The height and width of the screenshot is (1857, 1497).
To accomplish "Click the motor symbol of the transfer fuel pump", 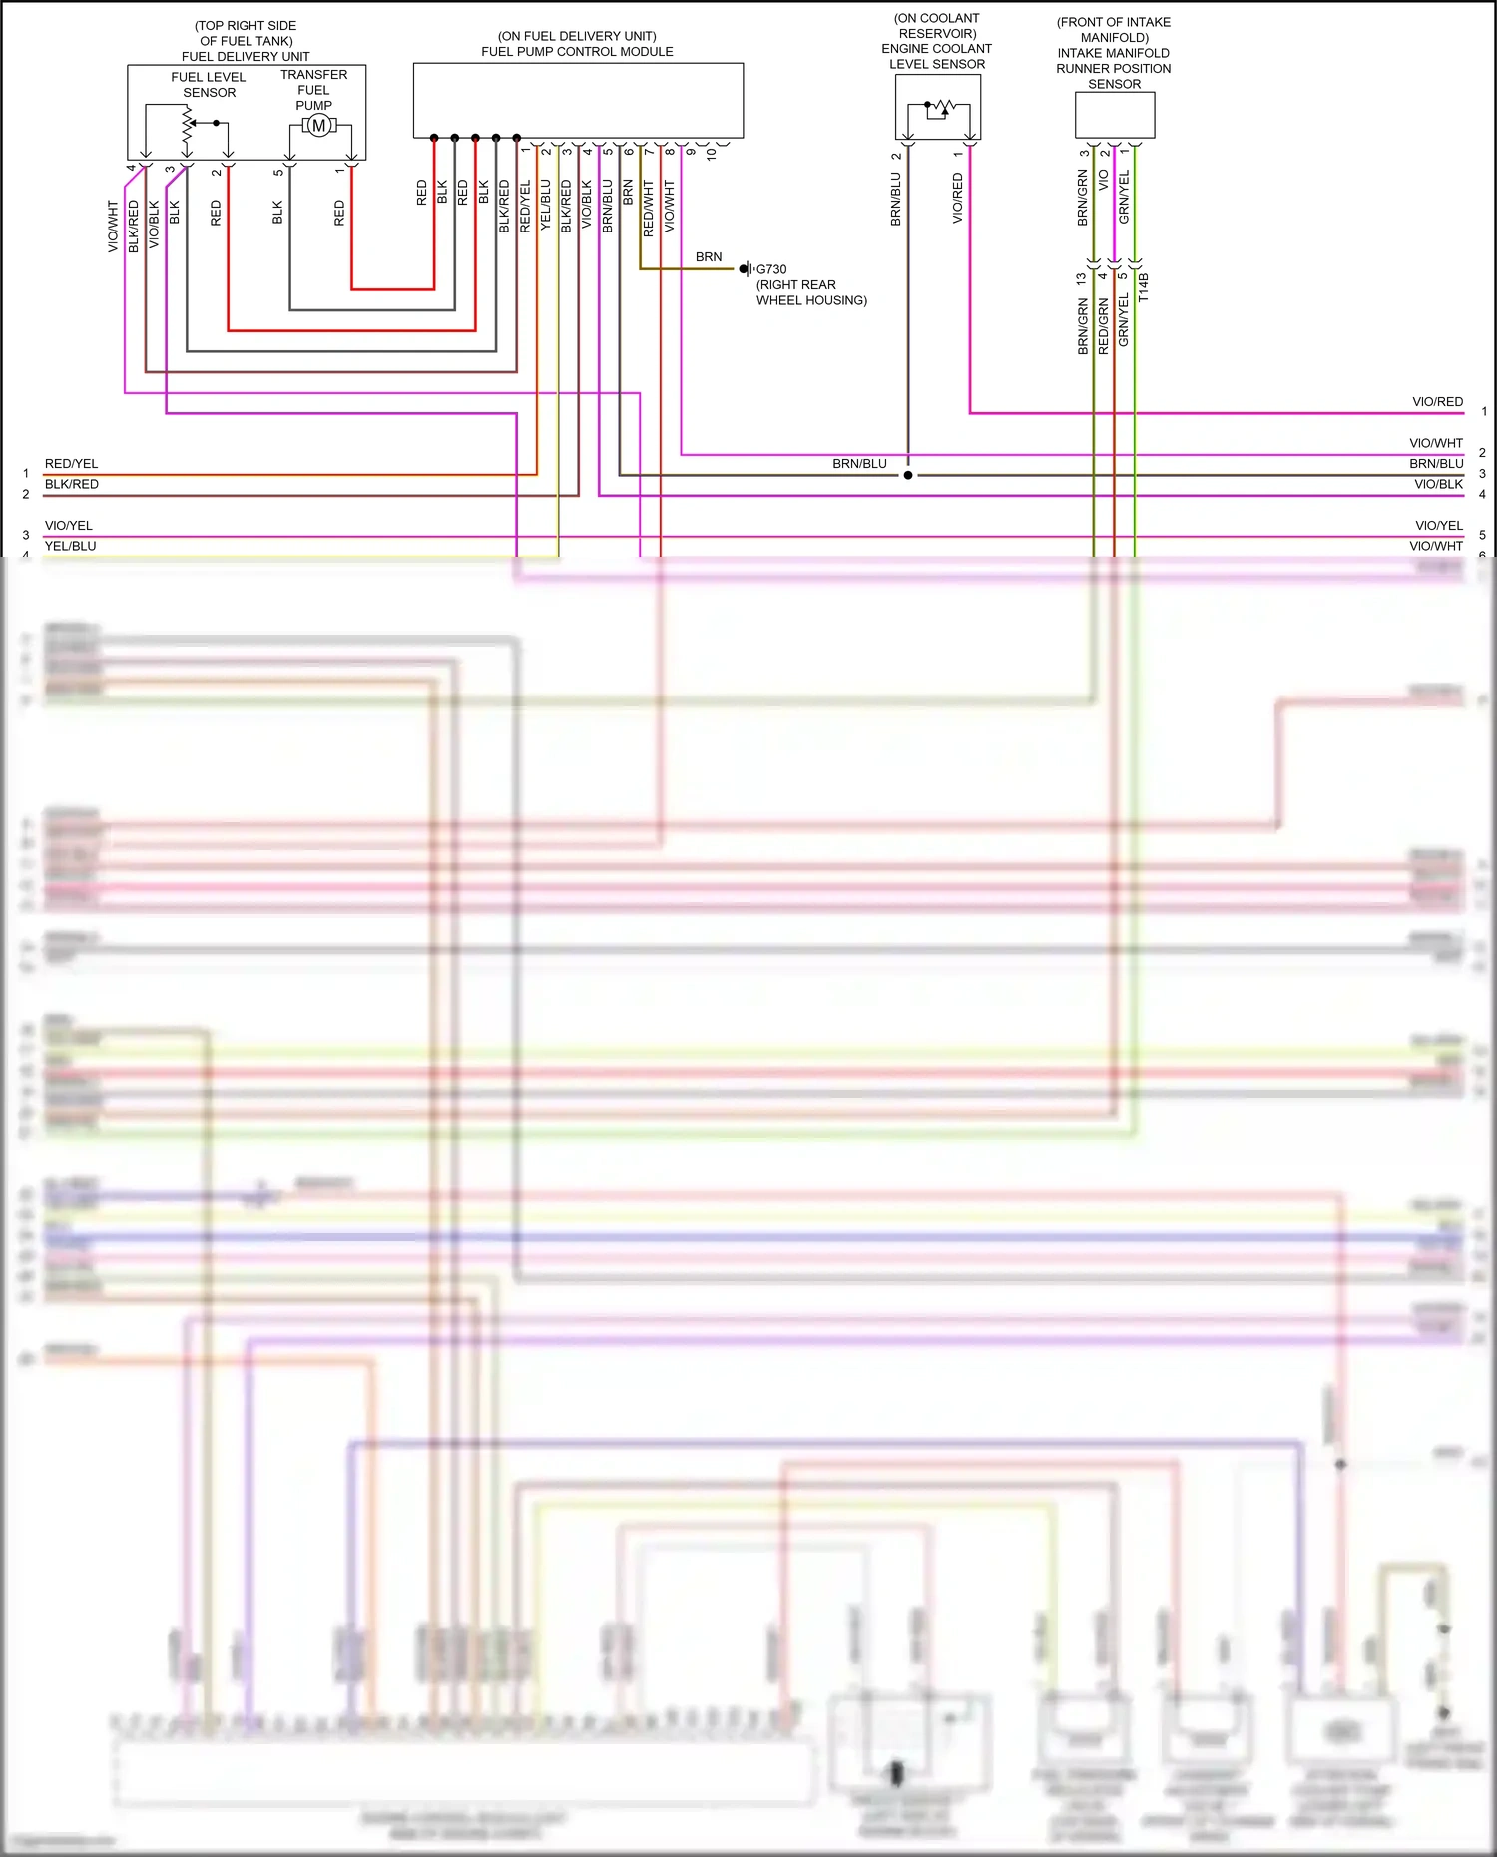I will (318, 125).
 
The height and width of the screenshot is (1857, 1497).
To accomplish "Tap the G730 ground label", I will (771, 269).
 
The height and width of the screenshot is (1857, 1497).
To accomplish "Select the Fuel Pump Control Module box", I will (578, 100).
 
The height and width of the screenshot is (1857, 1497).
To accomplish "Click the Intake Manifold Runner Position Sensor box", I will (1115, 115).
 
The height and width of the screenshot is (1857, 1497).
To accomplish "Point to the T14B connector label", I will (1144, 287).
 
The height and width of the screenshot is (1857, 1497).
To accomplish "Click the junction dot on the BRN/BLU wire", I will (908, 475).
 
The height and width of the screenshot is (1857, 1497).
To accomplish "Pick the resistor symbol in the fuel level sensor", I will (187, 124).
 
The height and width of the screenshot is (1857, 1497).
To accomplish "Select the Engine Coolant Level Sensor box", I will (938, 107).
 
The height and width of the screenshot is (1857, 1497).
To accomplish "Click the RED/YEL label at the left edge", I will (72, 464).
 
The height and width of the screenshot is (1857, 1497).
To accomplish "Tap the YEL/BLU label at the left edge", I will (71, 546).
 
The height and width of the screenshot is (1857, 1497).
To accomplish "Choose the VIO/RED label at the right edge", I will (1437, 402).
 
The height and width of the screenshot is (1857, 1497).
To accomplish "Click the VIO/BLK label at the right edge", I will (1438, 484).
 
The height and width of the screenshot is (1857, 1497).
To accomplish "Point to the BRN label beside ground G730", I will (709, 257).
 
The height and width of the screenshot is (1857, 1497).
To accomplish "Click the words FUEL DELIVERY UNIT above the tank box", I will (246, 57).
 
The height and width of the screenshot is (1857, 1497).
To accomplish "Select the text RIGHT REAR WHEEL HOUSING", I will (810, 292).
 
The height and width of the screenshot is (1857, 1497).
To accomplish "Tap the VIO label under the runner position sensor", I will (1104, 181).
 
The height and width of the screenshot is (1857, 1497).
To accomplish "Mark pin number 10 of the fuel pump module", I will (712, 154).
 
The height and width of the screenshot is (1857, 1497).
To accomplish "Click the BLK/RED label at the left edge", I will (72, 484).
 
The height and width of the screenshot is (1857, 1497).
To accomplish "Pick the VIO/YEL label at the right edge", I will (1439, 526).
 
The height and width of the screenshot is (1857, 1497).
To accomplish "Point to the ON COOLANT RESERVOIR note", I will (937, 26).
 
